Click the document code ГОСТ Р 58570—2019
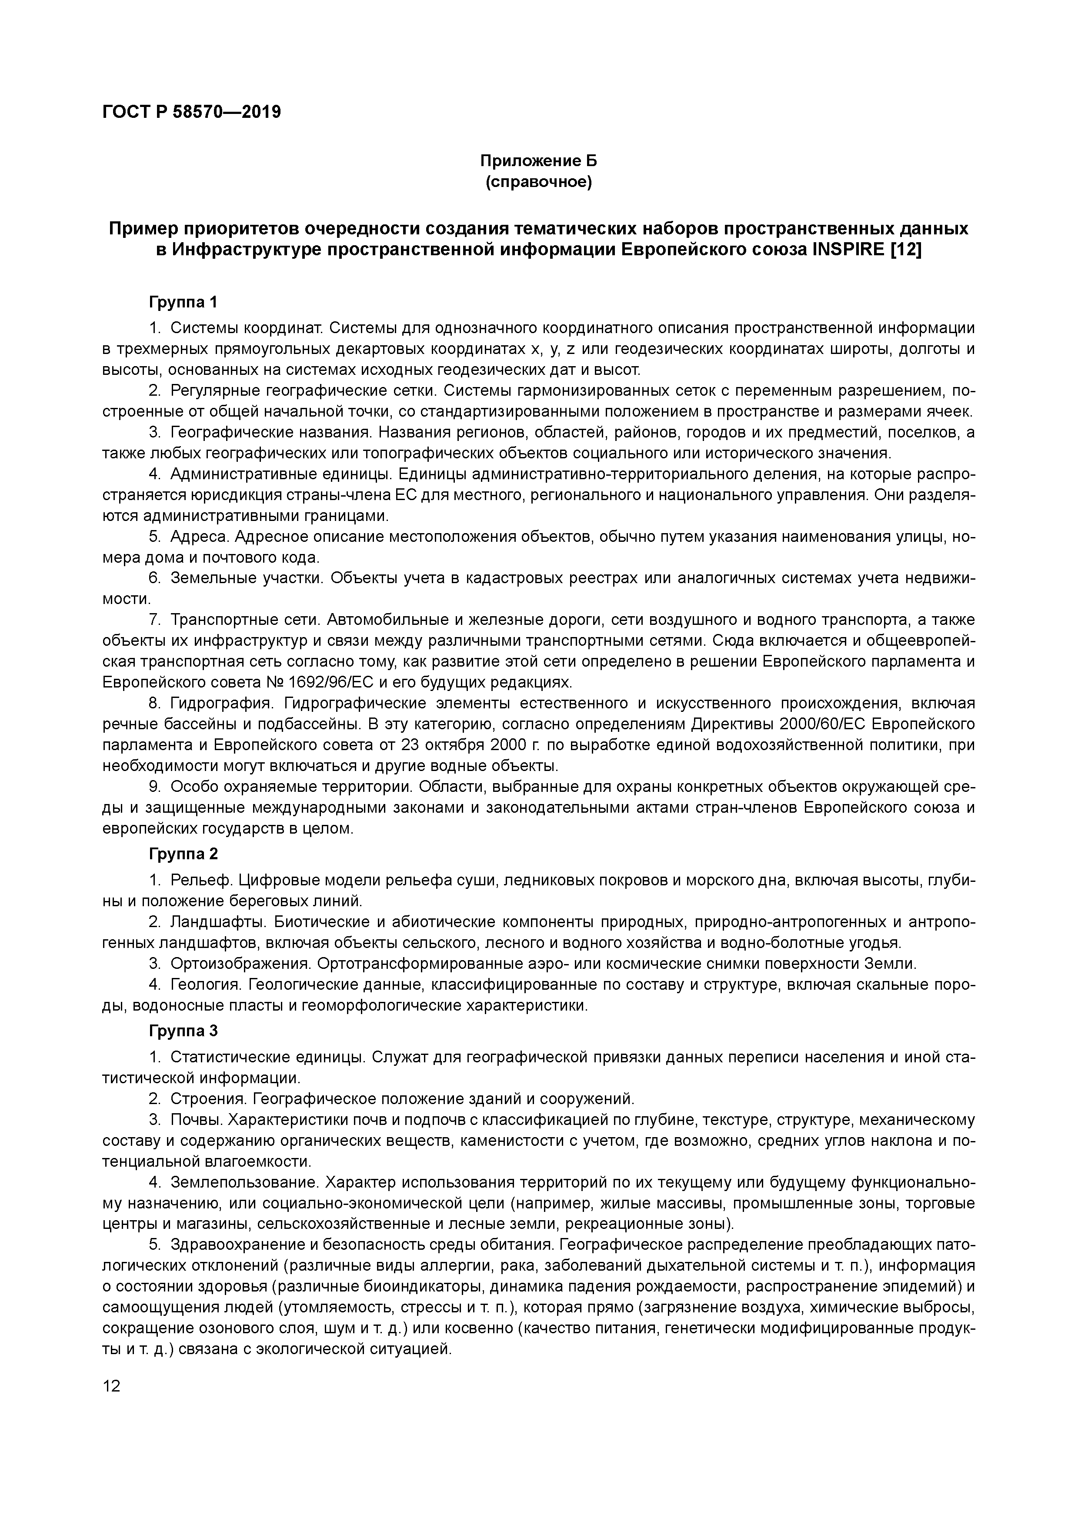[x=192, y=112]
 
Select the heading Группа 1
[x=184, y=303]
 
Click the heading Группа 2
[x=184, y=854]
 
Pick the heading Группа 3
[x=184, y=1031]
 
